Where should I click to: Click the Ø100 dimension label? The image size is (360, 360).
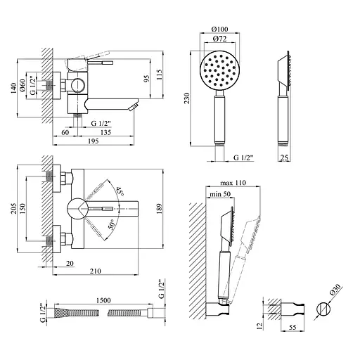tap(219, 30)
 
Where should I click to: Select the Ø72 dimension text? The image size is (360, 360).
tap(220, 39)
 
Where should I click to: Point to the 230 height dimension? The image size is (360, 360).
tap(186, 98)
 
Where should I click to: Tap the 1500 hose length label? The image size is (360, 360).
tap(103, 300)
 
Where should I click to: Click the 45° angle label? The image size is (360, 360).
tap(120, 191)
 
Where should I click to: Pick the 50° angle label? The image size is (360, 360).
tap(112, 224)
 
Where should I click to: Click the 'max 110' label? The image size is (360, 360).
tap(233, 183)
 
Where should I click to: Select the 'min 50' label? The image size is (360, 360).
tap(220, 194)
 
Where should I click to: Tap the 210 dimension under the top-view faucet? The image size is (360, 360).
tap(96, 271)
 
